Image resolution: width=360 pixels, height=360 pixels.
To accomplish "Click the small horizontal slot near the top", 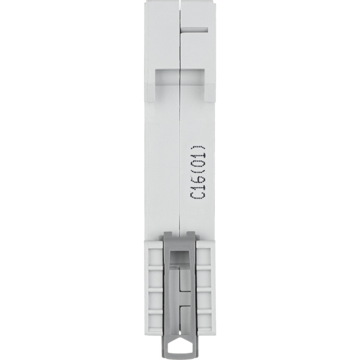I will [196, 28].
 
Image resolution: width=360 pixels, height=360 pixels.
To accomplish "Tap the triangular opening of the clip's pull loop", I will [180, 347].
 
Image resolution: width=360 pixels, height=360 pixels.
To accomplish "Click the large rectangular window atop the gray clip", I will [180, 257].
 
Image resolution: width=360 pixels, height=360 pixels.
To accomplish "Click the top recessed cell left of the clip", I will [155, 257].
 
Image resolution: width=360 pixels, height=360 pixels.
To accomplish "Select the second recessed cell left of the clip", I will [155, 279].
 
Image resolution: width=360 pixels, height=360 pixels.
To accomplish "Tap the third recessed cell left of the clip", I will [155, 300].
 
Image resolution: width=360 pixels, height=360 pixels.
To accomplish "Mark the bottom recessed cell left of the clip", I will [155, 320].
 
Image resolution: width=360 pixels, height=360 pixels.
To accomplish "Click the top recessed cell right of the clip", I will [205, 257].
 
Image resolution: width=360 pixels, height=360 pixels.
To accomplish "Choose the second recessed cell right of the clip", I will [205, 279].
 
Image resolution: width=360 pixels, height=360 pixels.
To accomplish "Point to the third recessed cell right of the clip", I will [205, 300].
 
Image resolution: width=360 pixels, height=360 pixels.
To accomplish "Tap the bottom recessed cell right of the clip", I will [205, 320].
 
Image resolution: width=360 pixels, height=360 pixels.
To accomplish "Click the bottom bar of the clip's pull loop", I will [180, 355].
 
